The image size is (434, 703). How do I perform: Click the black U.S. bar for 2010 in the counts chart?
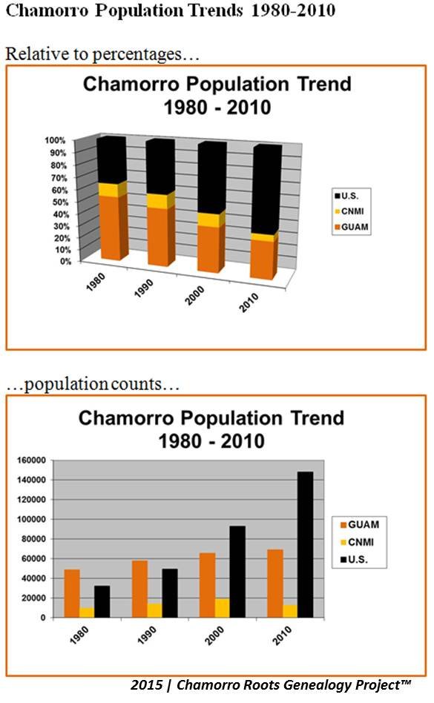(x=305, y=544)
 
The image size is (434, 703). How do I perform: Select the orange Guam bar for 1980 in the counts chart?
(x=72, y=593)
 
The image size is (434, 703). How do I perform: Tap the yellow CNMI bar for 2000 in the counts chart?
(x=222, y=608)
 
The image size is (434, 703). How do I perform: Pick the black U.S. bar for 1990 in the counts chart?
(x=169, y=593)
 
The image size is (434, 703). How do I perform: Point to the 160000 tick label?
(x=31, y=460)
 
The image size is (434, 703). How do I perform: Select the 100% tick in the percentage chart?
(x=55, y=140)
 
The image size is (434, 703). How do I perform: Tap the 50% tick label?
(x=60, y=202)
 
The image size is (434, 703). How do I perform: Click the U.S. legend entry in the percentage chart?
(x=346, y=196)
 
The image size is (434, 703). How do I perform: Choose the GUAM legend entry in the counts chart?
(x=360, y=524)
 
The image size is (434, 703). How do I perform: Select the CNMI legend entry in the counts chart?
(x=358, y=542)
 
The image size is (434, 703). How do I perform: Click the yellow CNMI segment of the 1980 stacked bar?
(x=112, y=190)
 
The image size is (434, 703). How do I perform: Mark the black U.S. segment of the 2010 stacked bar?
(x=267, y=188)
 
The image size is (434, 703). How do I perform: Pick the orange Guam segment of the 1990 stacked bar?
(x=160, y=237)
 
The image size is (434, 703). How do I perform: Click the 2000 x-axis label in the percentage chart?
(x=195, y=295)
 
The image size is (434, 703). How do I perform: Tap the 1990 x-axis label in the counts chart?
(x=147, y=636)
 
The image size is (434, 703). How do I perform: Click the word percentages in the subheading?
(x=137, y=55)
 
